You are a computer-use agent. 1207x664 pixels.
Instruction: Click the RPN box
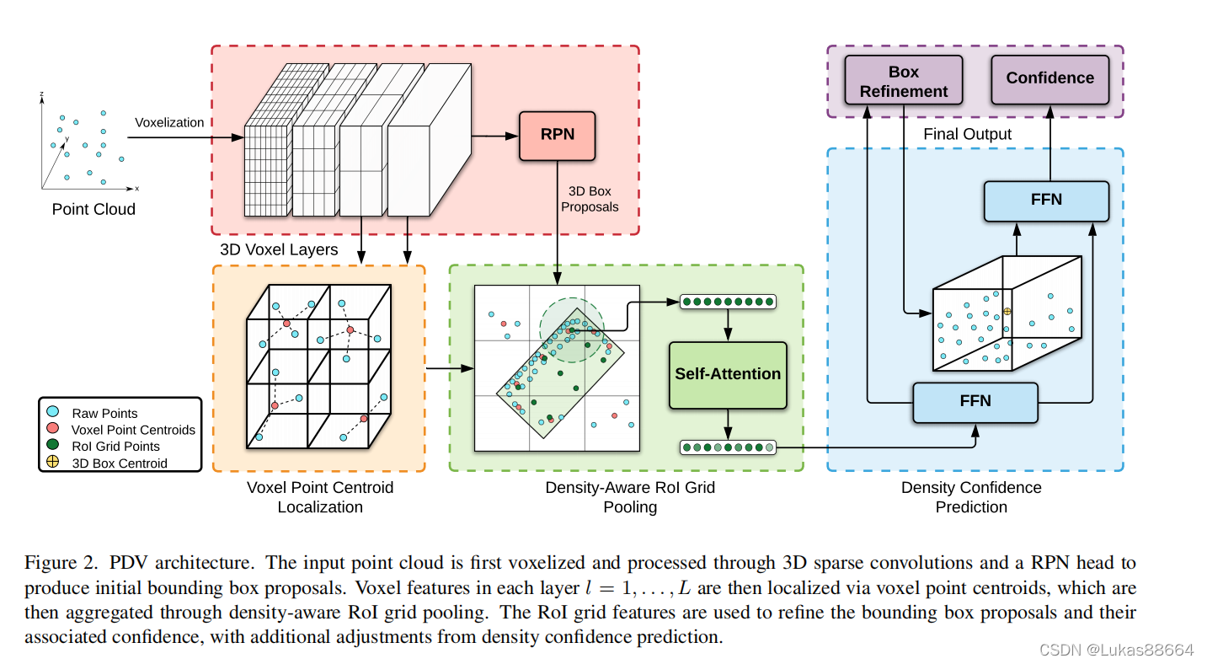[x=558, y=135]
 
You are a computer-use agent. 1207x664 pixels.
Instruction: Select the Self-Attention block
[x=728, y=374]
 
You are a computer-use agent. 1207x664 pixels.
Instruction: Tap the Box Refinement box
[x=903, y=81]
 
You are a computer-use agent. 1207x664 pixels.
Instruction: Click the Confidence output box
[x=1049, y=78]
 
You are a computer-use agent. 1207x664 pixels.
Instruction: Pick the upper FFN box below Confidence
[x=1047, y=201]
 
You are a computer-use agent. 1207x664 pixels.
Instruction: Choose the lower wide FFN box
[x=976, y=402]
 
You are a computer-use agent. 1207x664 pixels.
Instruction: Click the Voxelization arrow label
[x=169, y=123]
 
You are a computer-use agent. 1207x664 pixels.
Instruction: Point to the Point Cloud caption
[x=93, y=210]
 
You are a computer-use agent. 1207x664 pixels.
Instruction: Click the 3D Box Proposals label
[x=590, y=199]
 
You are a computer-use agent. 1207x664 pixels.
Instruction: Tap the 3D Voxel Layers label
[x=279, y=249]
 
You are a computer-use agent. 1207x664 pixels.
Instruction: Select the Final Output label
[x=968, y=135]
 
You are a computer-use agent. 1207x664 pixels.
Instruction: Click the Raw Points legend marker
[x=54, y=412]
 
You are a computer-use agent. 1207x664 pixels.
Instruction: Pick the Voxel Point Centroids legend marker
[x=54, y=429]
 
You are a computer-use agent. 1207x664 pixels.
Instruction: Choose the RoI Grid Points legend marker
[x=54, y=446]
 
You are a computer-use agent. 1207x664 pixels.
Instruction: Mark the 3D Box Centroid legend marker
[x=54, y=462]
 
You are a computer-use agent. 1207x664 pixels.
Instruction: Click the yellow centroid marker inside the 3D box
[x=1007, y=311]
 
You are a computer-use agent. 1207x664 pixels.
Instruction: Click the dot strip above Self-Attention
[x=728, y=302]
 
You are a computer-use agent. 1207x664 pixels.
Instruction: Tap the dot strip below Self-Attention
[x=728, y=447]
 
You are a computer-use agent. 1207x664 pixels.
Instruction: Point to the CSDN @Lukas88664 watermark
[x=1116, y=650]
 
